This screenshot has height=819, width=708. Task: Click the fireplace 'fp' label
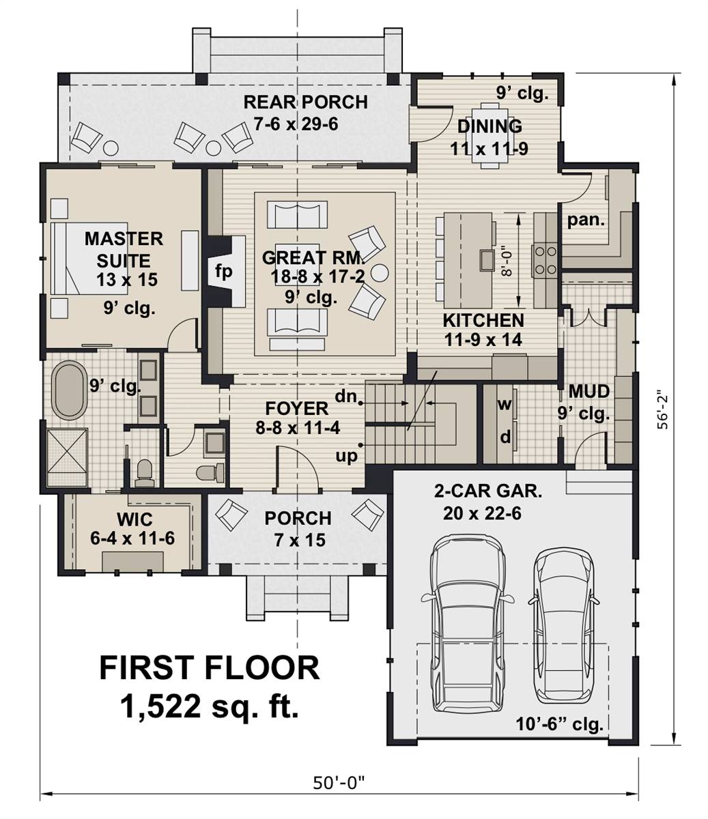[x=224, y=271]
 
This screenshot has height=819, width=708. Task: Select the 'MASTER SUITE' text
[x=124, y=249]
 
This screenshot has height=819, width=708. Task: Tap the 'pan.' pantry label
[x=586, y=220]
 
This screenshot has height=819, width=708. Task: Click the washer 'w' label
[x=505, y=403]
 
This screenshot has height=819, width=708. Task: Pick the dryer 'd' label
[x=505, y=437]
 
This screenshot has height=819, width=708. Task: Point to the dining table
[x=487, y=134]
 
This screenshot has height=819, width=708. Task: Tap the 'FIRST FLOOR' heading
[x=209, y=667]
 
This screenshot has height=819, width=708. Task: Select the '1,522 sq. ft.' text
[x=210, y=706]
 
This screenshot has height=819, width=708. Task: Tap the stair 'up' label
[x=347, y=455]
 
